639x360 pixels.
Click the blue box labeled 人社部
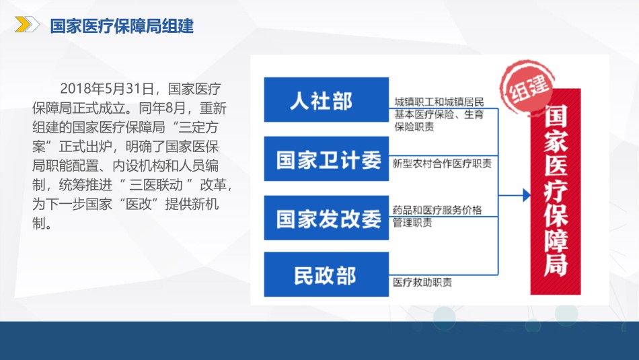[x=326, y=100]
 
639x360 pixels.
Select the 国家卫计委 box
[x=326, y=159]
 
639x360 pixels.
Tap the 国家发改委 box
[x=326, y=218]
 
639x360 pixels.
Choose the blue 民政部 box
[x=326, y=275]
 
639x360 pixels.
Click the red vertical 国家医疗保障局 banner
[x=556, y=192]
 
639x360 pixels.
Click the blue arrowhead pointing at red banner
[x=527, y=195]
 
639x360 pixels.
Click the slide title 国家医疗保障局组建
[x=122, y=26]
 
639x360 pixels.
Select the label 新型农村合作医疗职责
[x=442, y=164]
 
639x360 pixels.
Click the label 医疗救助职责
[x=422, y=282]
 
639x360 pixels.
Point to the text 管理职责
[x=412, y=223]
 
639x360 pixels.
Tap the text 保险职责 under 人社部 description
[x=414, y=127]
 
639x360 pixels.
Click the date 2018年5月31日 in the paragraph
[x=107, y=88]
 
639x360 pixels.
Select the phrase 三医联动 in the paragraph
[x=155, y=184]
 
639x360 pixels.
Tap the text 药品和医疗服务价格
[x=437, y=210]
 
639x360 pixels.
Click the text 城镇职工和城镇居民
[x=439, y=102]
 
